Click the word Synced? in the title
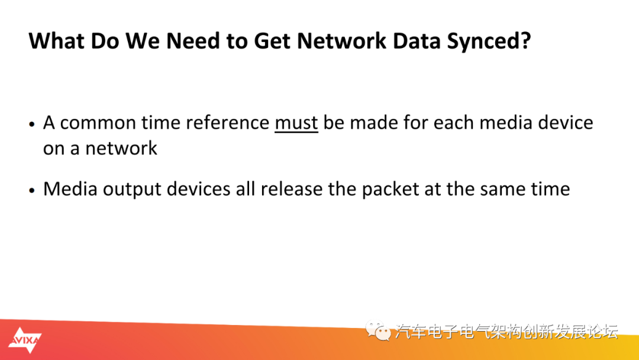click(x=489, y=41)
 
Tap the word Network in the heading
click(x=341, y=41)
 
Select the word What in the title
click(x=56, y=41)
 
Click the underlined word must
click(x=296, y=123)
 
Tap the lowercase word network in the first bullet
click(x=121, y=148)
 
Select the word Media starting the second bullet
click(x=70, y=189)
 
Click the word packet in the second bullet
click(x=390, y=189)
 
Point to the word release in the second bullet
click(x=292, y=189)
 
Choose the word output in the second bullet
click(x=132, y=190)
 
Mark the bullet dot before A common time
click(x=32, y=124)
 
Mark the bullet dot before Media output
click(x=32, y=191)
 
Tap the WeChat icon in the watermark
click(x=377, y=330)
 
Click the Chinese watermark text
click(x=506, y=332)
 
